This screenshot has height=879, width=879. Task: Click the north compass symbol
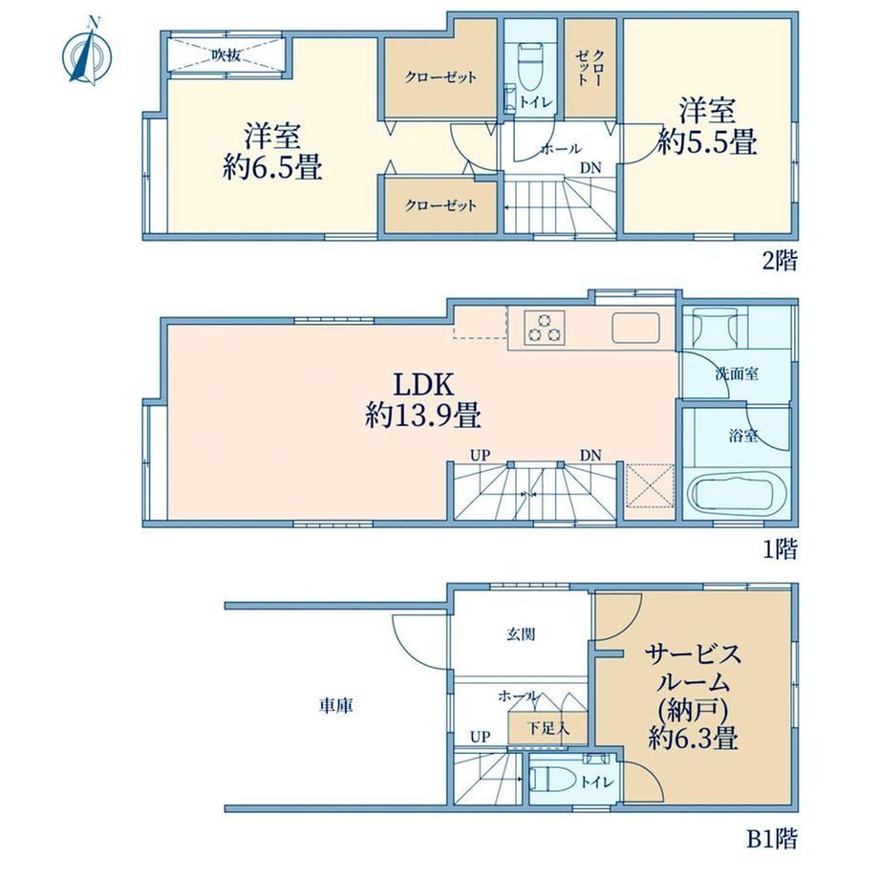[87, 53]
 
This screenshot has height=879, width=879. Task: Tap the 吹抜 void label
[225, 55]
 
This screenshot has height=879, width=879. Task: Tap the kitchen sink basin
[635, 328]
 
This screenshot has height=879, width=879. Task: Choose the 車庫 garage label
[335, 705]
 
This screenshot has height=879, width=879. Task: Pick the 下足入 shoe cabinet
[547, 728]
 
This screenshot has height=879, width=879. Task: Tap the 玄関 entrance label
[521, 634]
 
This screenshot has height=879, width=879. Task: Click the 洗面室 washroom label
[737, 374]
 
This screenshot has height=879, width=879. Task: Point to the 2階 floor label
[780, 260]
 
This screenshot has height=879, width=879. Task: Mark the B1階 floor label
[771, 839]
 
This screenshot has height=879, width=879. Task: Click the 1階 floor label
[780, 549]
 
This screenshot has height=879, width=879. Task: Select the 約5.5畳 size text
[707, 141]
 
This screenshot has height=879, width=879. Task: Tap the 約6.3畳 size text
[693, 738]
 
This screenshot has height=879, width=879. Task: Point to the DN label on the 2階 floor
[590, 167]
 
